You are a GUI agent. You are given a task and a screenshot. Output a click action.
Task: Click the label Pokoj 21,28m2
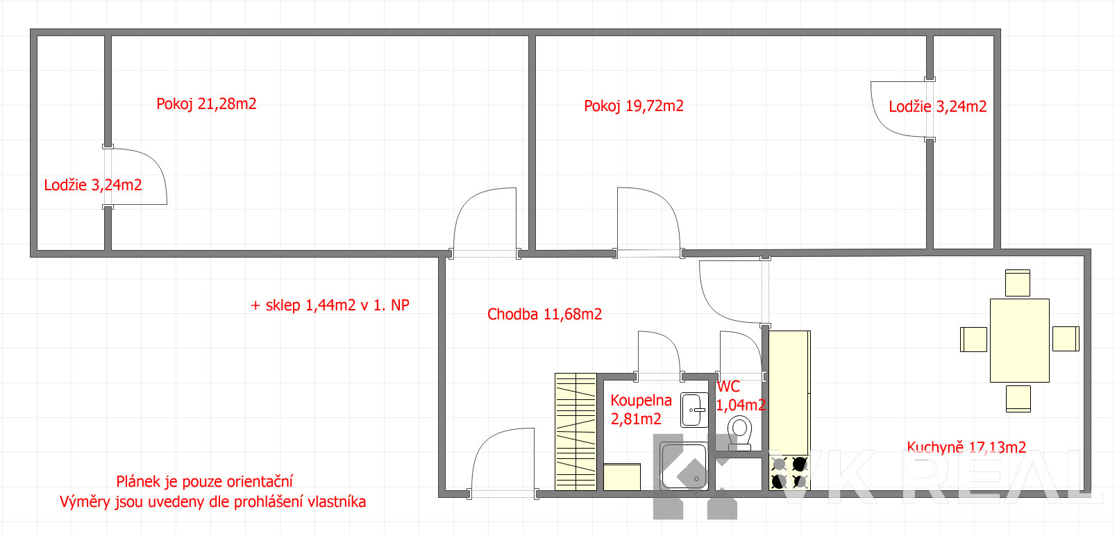point(206,103)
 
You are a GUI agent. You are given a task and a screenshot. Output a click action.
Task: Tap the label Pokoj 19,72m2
point(634,106)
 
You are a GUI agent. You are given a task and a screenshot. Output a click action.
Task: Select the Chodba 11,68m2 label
point(544,314)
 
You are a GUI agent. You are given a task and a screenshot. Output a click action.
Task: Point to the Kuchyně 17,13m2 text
point(966,447)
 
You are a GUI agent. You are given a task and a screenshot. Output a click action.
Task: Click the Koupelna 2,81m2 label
point(641,409)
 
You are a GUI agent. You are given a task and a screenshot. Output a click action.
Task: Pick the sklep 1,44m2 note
point(330,305)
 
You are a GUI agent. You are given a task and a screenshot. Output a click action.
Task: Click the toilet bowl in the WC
point(739,433)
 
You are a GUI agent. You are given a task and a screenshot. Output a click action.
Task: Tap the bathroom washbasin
point(694,410)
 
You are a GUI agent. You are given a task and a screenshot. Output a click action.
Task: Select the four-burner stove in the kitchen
point(789,472)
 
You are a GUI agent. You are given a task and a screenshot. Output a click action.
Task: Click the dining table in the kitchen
point(1019,340)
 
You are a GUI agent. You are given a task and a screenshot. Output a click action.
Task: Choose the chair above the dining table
point(1017,283)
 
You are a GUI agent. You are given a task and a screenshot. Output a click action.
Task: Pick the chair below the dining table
point(1018,399)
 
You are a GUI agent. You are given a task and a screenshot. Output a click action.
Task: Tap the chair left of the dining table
point(973,339)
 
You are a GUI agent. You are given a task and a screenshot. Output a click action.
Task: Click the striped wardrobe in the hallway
point(576,432)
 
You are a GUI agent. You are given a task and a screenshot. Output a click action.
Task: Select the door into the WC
point(741,352)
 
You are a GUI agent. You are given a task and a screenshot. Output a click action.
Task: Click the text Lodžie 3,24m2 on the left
point(93,185)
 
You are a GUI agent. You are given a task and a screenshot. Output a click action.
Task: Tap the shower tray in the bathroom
point(683,466)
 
